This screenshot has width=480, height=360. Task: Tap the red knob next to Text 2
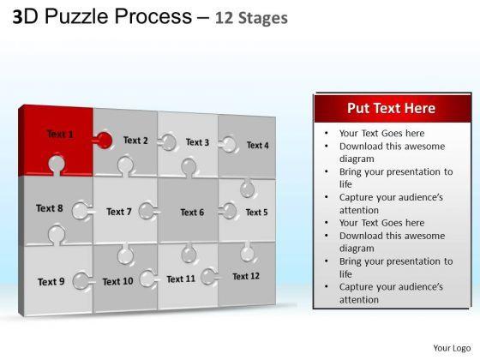pyautogui.click(x=104, y=141)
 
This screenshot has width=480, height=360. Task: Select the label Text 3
pyautogui.click(x=197, y=142)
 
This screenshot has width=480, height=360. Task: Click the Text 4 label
pyautogui.click(x=258, y=145)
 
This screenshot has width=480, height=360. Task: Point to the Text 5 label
pyautogui.click(x=256, y=213)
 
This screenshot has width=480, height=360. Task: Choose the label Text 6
pyautogui.click(x=192, y=213)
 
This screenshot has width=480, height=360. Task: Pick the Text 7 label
pyautogui.click(x=119, y=212)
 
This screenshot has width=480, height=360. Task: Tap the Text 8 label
pyautogui.click(x=50, y=208)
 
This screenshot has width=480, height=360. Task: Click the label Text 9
pyautogui.click(x=51, y=282)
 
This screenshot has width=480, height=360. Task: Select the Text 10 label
pyautogui.click(x=118, y=281)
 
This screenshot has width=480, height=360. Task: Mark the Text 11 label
pyautogui.click(x=181, y=279)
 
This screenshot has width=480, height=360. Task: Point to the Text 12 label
pyautogui.click(x=246, y=276)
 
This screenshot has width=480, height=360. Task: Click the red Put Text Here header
pyautogui.click(x=393, y=108)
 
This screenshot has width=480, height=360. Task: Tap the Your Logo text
pyautogui.click(x=452, y=348)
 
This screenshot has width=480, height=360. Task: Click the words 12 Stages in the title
pyautogui.click(x=251, y=18)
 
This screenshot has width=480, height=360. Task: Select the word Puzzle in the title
pyautogui.click(x=77, y=16)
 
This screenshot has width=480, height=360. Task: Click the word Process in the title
pyautogui.click(x=153, y=16)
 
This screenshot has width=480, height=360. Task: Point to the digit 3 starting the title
pyautogui.click(x=17, y=17)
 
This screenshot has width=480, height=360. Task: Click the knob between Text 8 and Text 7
pyautogui.click(x=81, y=211)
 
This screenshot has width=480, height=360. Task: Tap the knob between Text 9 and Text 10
pyautogui.click(x=81, y=281)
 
